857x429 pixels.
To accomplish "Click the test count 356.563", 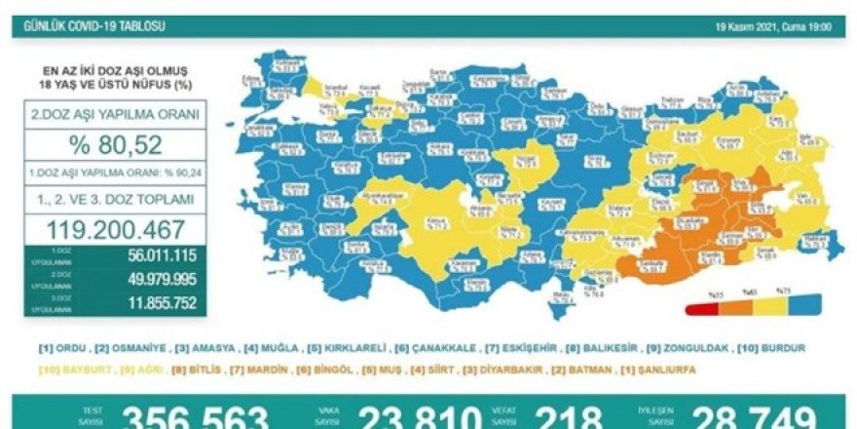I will pos(196,417).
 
